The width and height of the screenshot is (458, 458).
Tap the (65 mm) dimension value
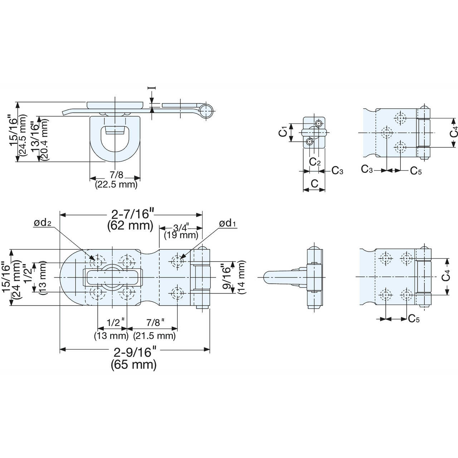pyautogui.click(x=134, y=365)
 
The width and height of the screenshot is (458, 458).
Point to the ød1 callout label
pyautogui.click(x=228, y=224)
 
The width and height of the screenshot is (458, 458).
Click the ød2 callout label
pyautogui.click(x=43, y=223)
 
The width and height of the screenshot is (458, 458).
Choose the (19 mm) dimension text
pyautogui.click(x=181, y=235)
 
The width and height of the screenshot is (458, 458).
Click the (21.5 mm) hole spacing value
pyautogui.click(x=154, y=336)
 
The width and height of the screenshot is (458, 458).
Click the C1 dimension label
pyautogui.click(x=283, y=132)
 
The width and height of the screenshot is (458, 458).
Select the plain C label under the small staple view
pyautogui.click(x=314, y=184)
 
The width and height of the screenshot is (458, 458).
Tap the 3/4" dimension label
pyautogui.click(x=181, y=228)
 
